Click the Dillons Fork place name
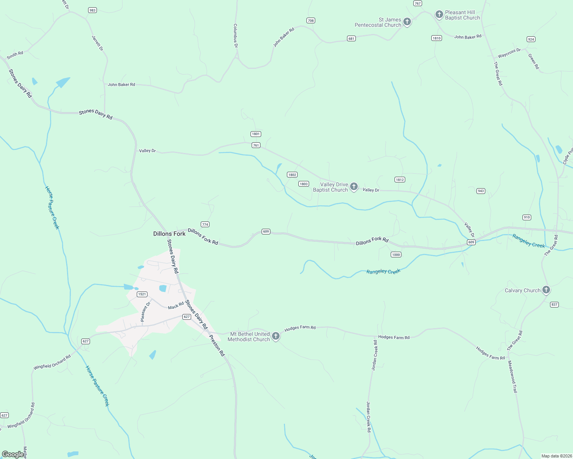[169, 234]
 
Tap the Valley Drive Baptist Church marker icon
[354, 187]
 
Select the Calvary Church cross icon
[546, 290]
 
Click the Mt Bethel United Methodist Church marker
[275, 336]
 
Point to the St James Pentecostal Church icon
[407, 22]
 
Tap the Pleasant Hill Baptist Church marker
[439, 15]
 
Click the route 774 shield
[205, 225]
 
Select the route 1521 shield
[142, 294]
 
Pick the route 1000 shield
[396, 255]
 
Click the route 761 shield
[256, 145]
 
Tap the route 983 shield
[92, 10]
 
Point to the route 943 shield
[481, 191]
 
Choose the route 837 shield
[554, 304]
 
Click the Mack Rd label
[176, 306]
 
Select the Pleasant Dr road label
[145, 312]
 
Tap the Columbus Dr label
[236, 36]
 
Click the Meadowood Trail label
[512, 376]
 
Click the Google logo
[13, 454]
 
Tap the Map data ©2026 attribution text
[556, 456]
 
